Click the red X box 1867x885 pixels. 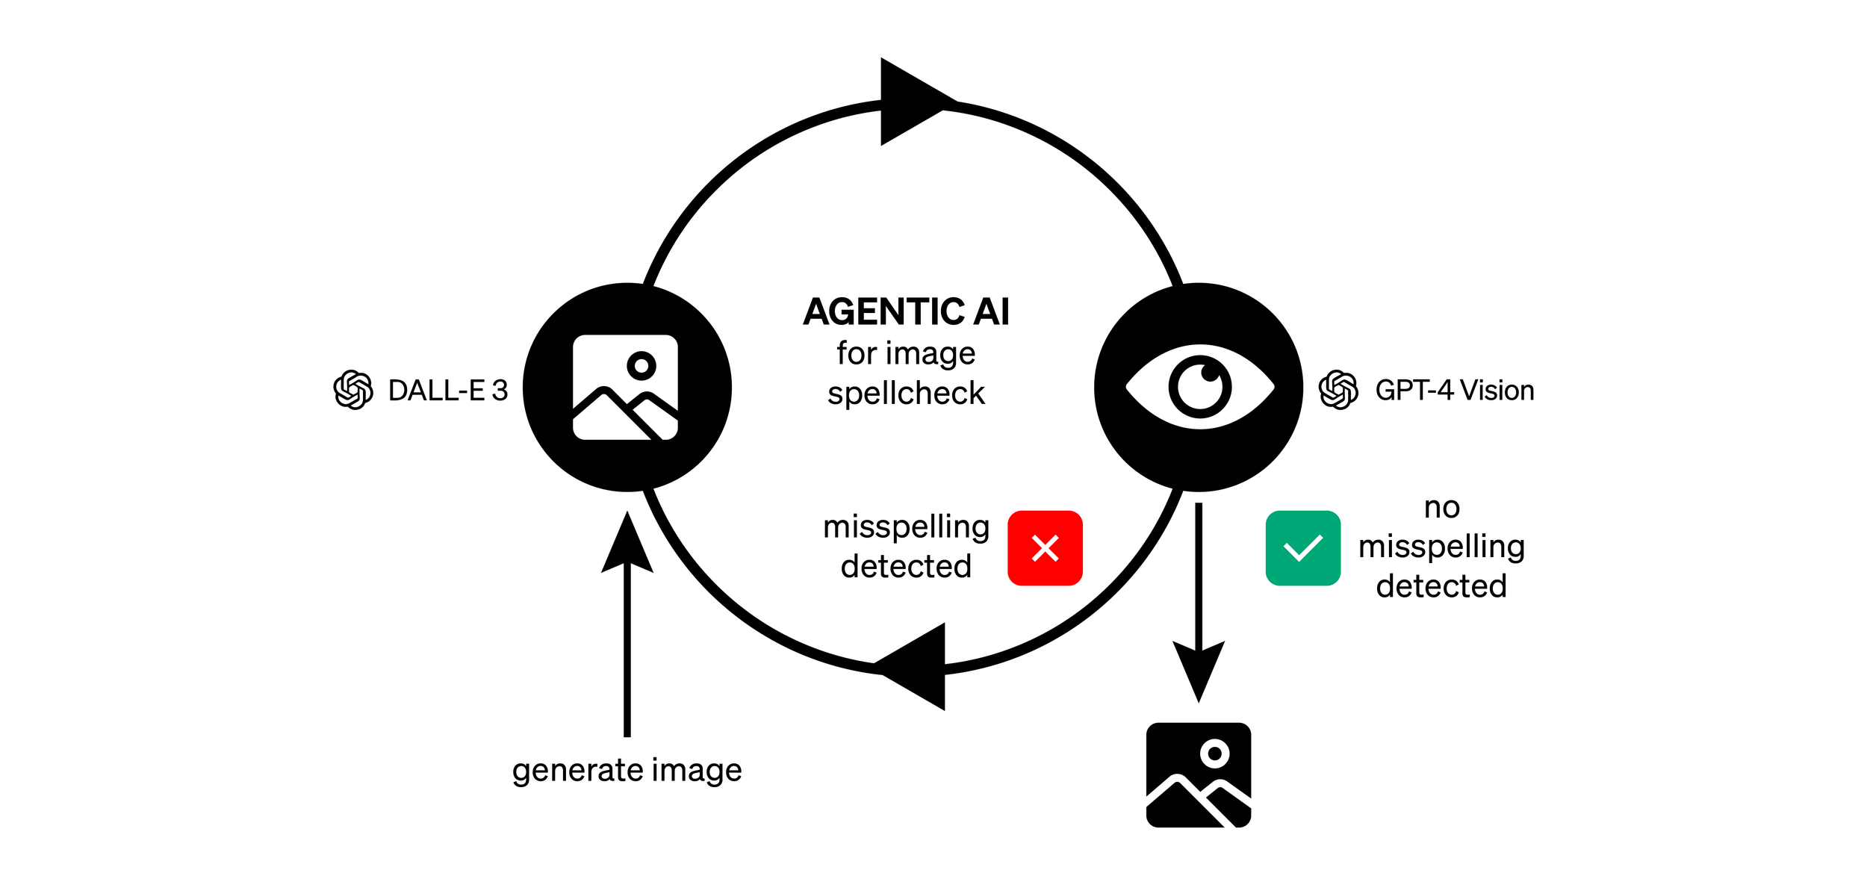(1045, 548)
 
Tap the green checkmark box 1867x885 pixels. (1302, 548)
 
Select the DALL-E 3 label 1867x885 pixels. (447, 391)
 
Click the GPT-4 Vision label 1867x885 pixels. (1454, 391)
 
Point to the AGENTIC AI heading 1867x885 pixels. (906, 311)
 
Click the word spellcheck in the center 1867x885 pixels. (906, 394)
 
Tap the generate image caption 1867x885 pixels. (627, 770)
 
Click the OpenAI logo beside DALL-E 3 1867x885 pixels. (353, 390)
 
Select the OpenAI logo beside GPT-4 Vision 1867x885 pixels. (1338, 390)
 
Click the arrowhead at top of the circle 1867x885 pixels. (911, 102)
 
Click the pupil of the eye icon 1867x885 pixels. (1200, 387)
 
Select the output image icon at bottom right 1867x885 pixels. (1198, 774)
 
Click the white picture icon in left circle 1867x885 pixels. (625, 387)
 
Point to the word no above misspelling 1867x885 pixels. (1441, 508)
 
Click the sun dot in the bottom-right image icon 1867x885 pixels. (1215, 754)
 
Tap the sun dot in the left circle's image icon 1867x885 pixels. (642, 366)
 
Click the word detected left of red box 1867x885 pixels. (906, 567)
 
